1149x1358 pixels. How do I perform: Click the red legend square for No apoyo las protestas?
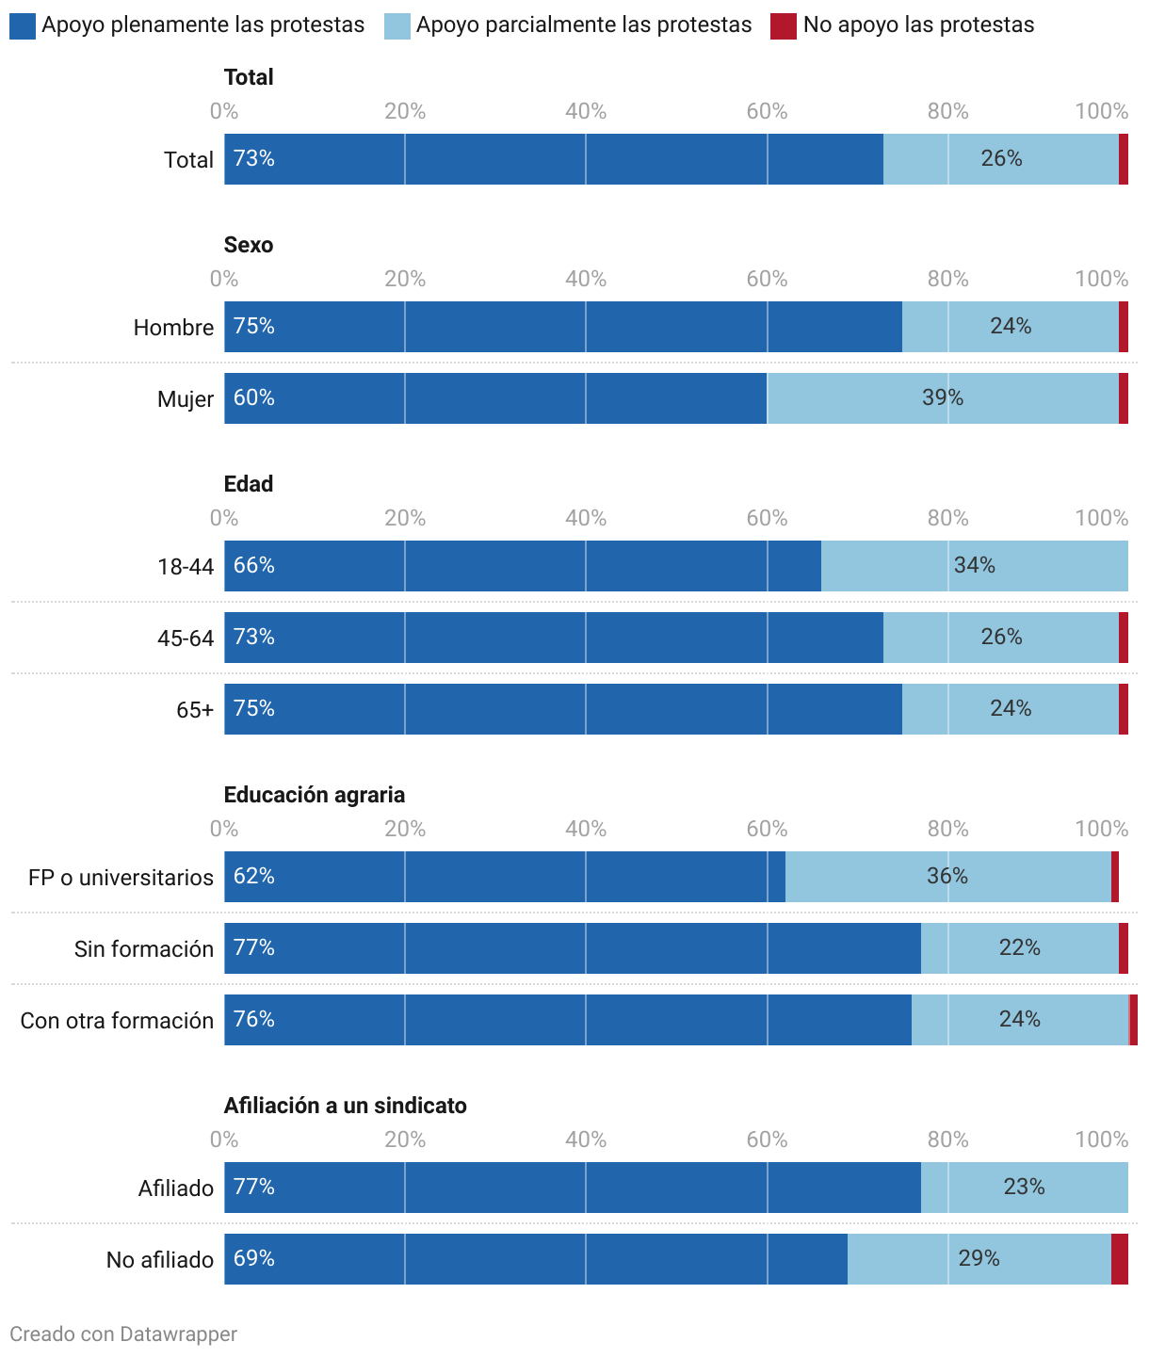(784, 26)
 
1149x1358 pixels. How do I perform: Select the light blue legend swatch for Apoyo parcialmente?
(396, 26)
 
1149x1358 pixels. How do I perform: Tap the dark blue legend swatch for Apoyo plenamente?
(23, 26)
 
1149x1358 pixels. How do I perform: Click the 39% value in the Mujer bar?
(943, 398)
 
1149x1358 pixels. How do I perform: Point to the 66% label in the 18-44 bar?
(254, 566)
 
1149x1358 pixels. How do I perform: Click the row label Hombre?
(173, 328)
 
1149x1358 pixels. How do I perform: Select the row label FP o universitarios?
(121, 878)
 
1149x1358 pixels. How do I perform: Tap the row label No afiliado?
(159, 1260)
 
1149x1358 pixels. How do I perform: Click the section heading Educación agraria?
(315, 795)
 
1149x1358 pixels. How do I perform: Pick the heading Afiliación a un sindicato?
(345, 1106)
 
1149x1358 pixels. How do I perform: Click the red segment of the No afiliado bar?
(1120, 1259)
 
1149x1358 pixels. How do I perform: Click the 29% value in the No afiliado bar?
(979, 1259)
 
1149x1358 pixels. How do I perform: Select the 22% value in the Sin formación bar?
(1019, 948)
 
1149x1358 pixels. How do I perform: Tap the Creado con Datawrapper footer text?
(123, 1334)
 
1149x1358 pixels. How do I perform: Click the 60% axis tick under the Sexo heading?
(767, 279)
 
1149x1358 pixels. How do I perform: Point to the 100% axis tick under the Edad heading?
(1101, 518)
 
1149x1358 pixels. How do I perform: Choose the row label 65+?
(195, 710)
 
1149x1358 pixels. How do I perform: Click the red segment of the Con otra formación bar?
(1134, 1020)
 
